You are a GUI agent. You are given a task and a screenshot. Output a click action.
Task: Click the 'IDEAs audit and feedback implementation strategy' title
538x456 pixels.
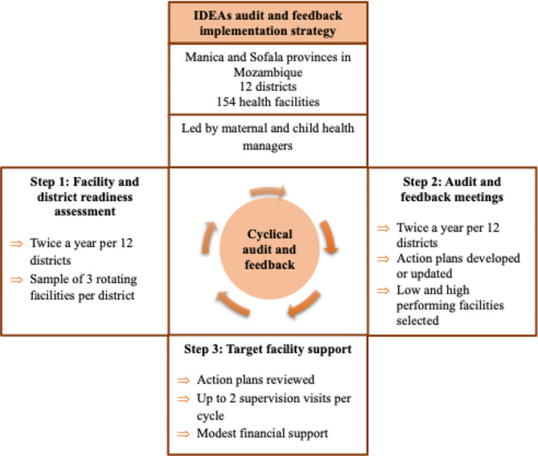click(269, 24)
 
